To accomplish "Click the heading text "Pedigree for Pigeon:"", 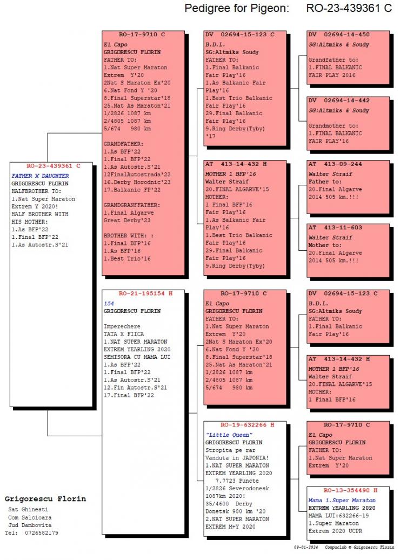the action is tap(237, 8).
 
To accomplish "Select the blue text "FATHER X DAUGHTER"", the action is tap(40, 176).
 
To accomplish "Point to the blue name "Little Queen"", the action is tap(229, 435).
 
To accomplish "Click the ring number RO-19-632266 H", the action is tap(247, 425).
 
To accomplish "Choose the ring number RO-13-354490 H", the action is tap(350, 490).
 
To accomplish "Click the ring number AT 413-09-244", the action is tap(335, 164).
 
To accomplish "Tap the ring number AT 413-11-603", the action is tap(335, 228).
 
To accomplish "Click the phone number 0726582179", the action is tap(42, 532).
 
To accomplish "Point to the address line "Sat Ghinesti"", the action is tap(28, 509).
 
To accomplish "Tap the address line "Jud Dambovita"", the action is tap(30, 525).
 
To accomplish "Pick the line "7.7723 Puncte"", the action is tap(237, 481).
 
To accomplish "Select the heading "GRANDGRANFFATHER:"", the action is tap(132, 205).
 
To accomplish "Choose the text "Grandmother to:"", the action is tap(329, 126).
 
